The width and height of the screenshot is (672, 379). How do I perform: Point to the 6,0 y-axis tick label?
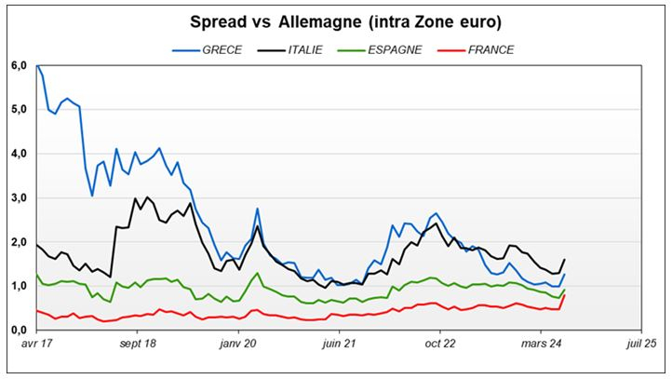click(18, 66)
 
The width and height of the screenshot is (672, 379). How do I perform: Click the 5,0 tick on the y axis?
click(18, 110)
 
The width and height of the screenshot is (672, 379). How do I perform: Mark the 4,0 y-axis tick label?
click(18, 154)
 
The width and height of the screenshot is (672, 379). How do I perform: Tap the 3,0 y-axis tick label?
click(18, 198)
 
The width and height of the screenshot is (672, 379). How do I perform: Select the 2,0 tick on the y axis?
click(18, 242)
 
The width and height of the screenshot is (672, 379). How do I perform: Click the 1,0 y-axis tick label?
click(18, 286)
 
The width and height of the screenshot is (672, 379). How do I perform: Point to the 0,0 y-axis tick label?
click(18, 331)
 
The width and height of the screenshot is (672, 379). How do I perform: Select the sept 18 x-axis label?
click(137, 345)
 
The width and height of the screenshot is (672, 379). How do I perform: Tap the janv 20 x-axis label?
click(238, 345)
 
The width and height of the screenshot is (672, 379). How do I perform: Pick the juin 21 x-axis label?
click(339, 345)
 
